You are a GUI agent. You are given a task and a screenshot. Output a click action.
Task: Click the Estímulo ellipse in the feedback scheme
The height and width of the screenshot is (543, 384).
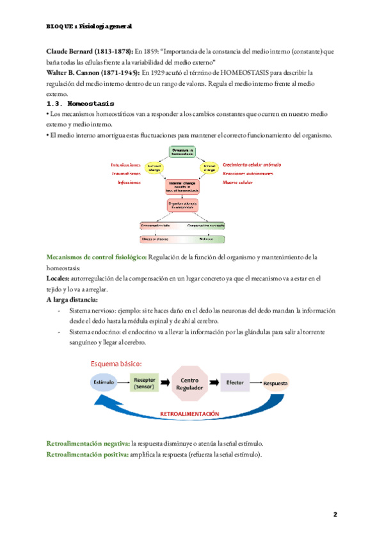(x=104, y=382)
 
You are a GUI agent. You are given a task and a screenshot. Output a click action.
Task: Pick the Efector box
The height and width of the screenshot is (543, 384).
(x=234, y=382)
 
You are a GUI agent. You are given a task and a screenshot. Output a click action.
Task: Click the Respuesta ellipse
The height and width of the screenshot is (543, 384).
(x=276, y=384)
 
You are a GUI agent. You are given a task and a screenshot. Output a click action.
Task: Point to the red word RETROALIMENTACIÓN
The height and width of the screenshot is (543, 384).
(x=189, y=414)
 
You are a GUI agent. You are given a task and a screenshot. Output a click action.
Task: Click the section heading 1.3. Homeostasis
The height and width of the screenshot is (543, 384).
(x=80, y=104)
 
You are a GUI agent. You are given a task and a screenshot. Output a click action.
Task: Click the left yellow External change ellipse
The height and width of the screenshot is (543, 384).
(x=155, y=167)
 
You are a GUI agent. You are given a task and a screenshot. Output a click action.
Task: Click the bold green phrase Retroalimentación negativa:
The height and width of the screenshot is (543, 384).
(x=88, y=443)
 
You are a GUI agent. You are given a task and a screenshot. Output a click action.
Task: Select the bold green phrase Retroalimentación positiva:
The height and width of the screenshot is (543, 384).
(x=86, y=454)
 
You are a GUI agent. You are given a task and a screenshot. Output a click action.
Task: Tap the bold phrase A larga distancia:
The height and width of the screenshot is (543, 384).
(x=72, y=300)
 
